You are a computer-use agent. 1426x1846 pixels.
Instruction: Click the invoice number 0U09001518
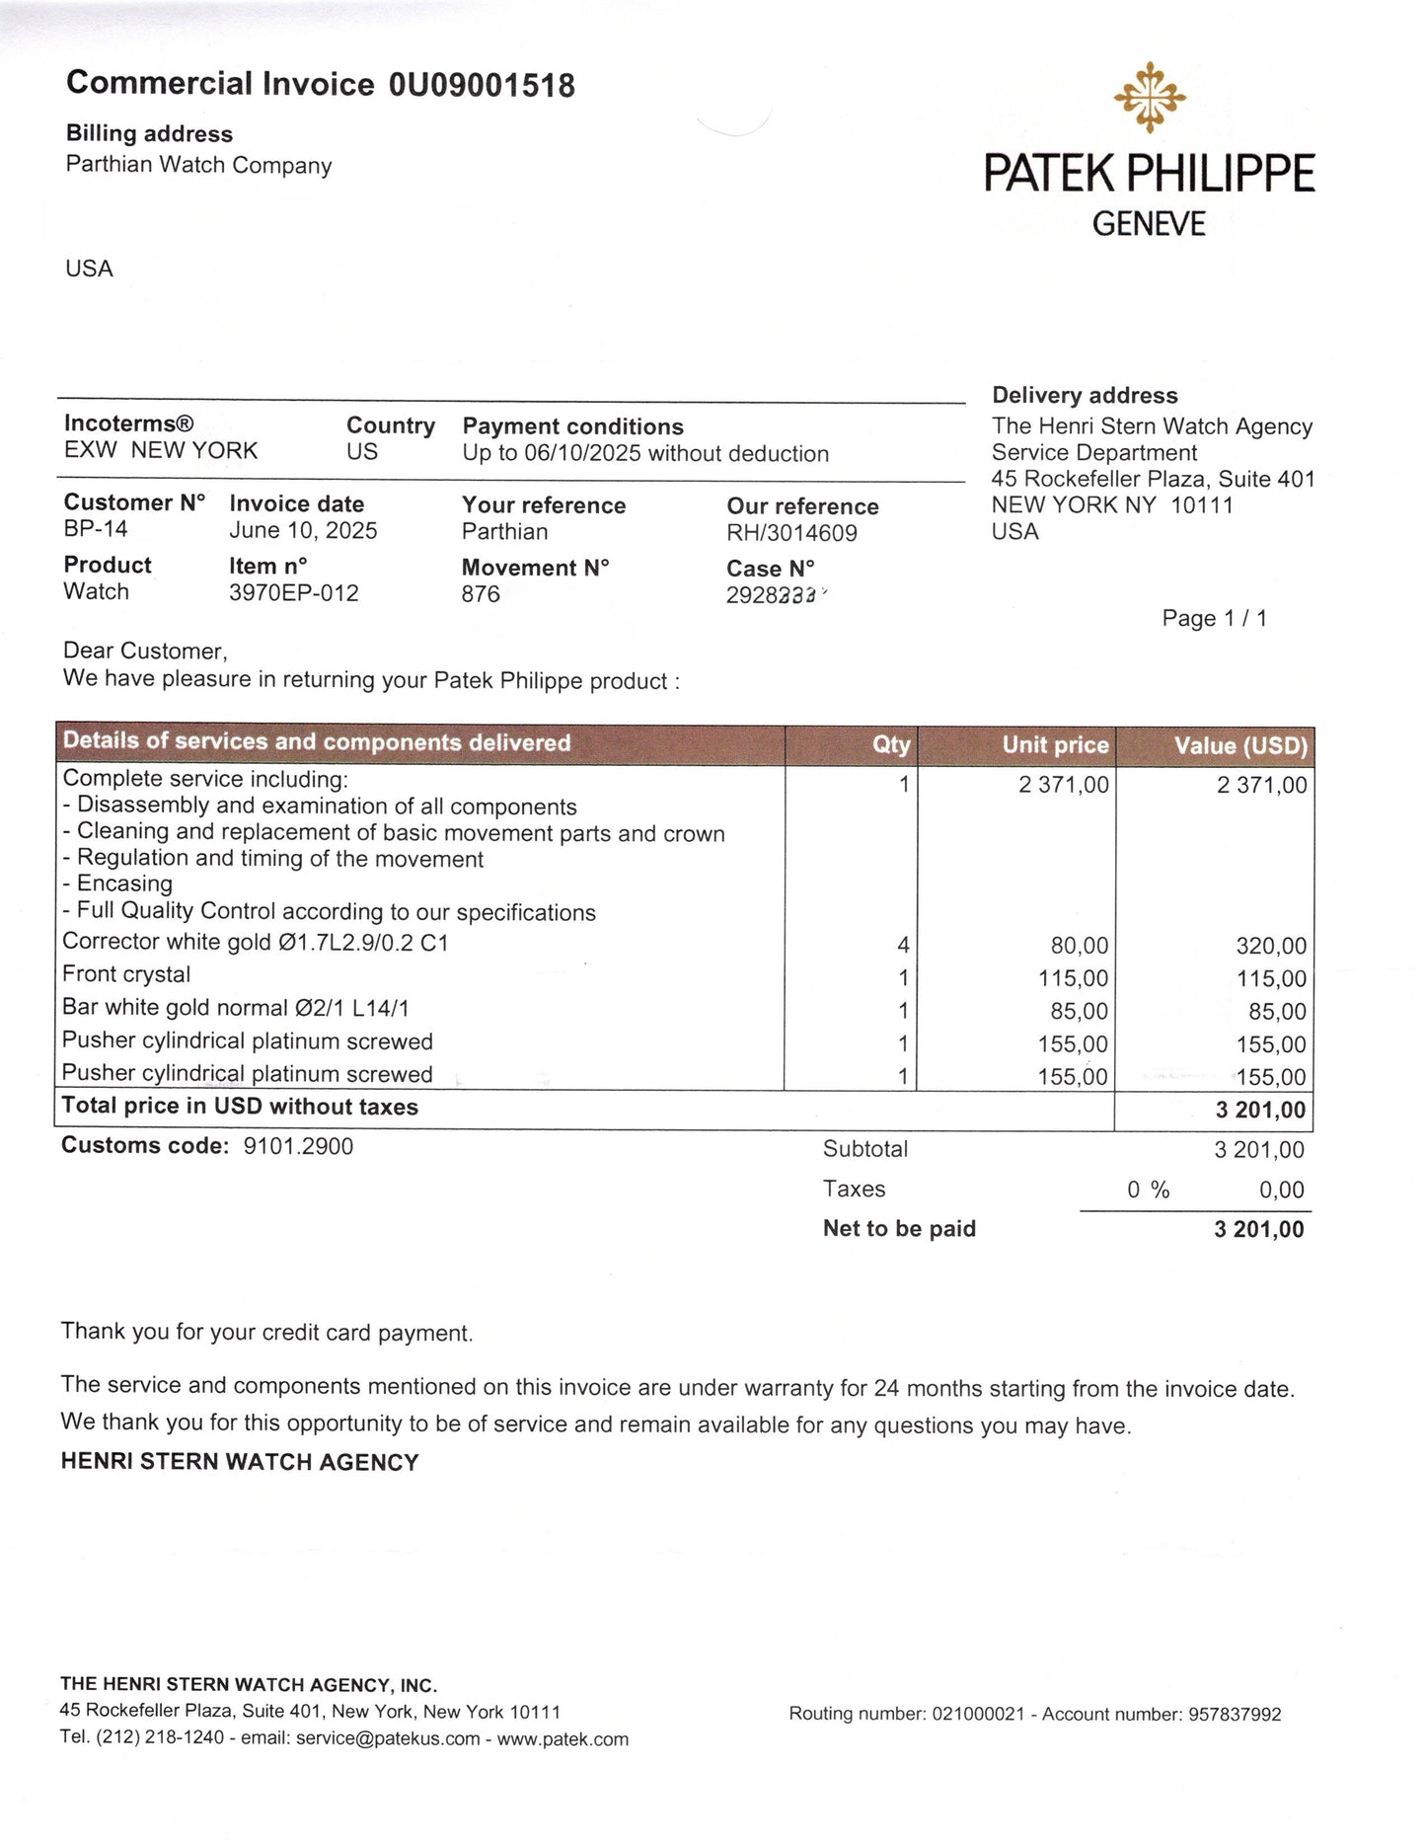482,86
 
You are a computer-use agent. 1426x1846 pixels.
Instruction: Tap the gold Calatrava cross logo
1150,97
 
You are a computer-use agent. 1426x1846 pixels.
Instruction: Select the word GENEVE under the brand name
1149,224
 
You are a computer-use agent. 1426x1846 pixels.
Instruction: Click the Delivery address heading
1085,396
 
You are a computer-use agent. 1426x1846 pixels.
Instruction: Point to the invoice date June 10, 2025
303,531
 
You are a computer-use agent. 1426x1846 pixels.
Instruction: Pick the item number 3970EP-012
294,593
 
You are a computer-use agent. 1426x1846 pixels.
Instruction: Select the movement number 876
481,594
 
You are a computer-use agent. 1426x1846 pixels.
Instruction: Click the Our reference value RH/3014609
791,534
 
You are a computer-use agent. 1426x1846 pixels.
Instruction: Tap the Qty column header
891,745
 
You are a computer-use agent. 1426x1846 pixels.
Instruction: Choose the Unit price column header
1055,745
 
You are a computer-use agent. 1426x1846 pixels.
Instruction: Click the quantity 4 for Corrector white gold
903,946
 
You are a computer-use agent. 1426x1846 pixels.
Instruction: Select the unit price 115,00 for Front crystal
1073,978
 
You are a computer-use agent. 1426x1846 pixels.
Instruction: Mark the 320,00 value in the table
1271,946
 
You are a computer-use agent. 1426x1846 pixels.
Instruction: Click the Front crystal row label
126,974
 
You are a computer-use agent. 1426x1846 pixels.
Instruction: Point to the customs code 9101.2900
298,1146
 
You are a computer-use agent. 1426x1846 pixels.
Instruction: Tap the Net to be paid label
899,1229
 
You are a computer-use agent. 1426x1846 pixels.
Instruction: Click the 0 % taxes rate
1148,1191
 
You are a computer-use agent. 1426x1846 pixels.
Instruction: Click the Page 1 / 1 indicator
1214,619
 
